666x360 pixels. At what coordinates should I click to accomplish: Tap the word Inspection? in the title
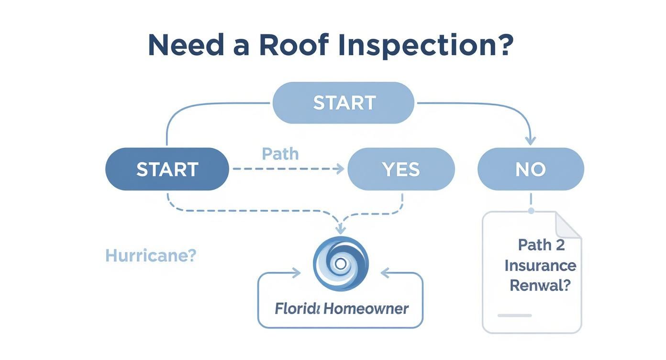(425, 46)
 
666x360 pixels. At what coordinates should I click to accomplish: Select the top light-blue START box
(344, 102)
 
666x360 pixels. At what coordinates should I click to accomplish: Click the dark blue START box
(167, 169)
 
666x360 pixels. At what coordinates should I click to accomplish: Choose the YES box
(400, 169)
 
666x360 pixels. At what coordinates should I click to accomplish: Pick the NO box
(531, 169)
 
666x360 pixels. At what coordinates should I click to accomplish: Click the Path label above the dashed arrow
(280, 154)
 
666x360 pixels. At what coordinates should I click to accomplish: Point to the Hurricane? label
(151, 255)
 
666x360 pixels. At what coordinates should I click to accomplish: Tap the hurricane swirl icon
(341, 264)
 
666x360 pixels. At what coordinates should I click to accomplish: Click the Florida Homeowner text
(341, 308)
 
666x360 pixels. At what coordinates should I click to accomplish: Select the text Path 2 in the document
(541, 245)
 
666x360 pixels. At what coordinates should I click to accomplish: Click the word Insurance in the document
(540, 265)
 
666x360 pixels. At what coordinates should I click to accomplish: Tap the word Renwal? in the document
(540, 285)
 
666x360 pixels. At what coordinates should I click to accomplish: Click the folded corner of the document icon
(568, 225)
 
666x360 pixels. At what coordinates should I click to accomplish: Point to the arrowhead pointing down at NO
(530, 140)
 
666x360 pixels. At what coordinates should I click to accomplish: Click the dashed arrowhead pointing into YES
(340, 169)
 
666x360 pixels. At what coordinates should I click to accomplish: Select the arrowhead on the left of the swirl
(297, 273)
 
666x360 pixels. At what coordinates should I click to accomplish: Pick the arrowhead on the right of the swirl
(385, 273)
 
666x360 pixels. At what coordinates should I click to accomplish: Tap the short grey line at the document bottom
(514, 315)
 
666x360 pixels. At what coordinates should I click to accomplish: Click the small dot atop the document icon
(531, 211)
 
